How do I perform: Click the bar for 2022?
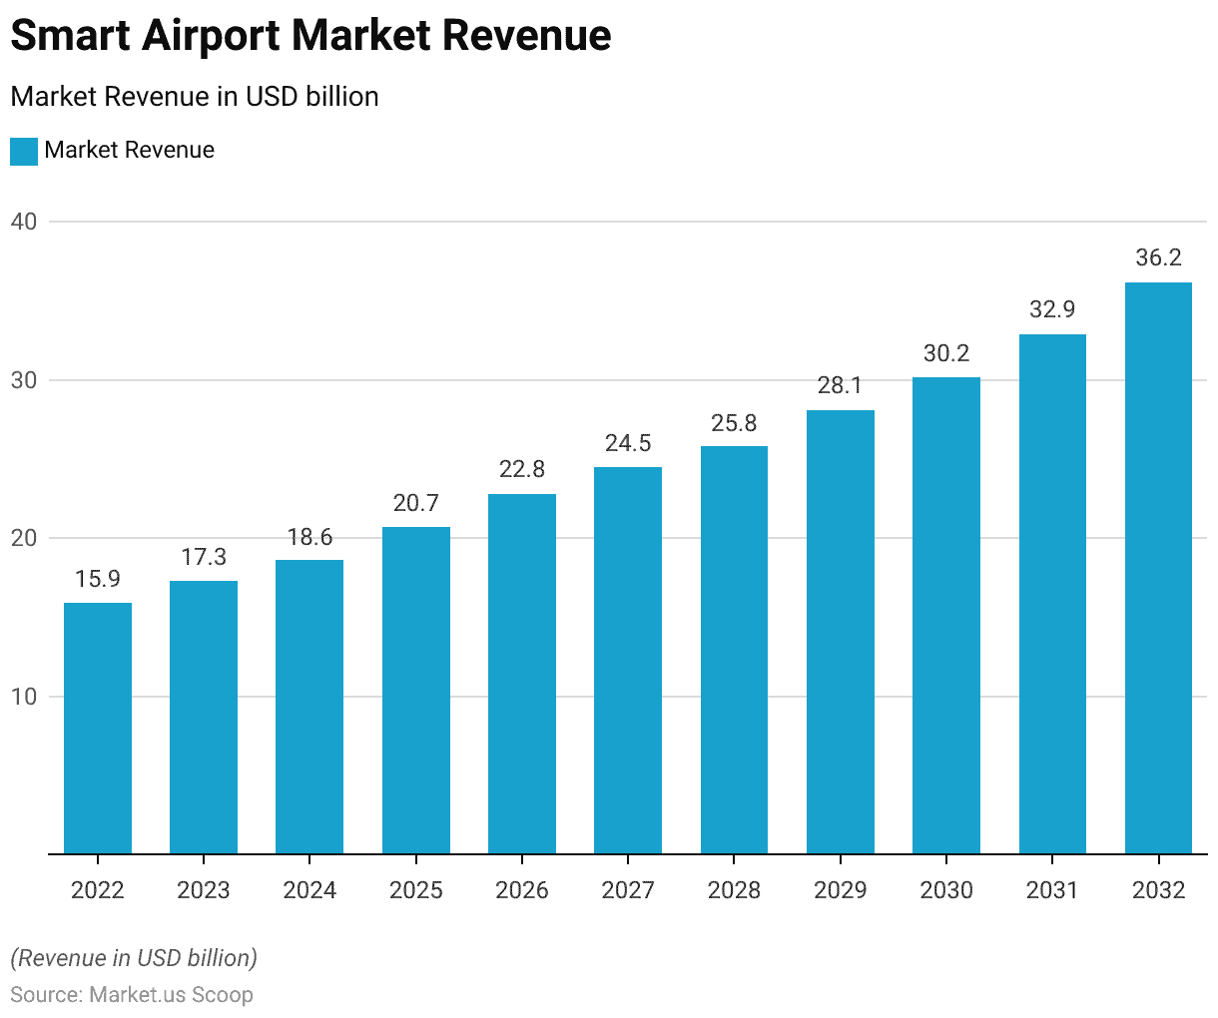[98, 728]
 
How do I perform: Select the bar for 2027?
[628, 660]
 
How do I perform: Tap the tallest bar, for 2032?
[1158, 568]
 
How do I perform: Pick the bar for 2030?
[946, 615]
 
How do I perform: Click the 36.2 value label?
[1158, 257]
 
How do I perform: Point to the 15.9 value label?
[98, 579]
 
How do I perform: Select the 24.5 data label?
[628, 443]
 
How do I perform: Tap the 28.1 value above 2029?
[840, 385]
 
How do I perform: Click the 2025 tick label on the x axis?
[416, 890]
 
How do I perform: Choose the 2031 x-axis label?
[1052, 890]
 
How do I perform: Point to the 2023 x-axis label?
[204, 890]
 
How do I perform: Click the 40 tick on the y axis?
[24, 222]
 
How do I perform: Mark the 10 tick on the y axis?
[24, 697]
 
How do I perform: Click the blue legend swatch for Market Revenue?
[24, 151]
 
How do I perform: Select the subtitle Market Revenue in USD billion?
[195, 97]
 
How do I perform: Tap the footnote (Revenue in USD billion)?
[134, 958]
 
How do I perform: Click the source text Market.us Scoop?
[171, 995]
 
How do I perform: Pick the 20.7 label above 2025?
[416, 503]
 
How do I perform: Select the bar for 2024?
[309, 707]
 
